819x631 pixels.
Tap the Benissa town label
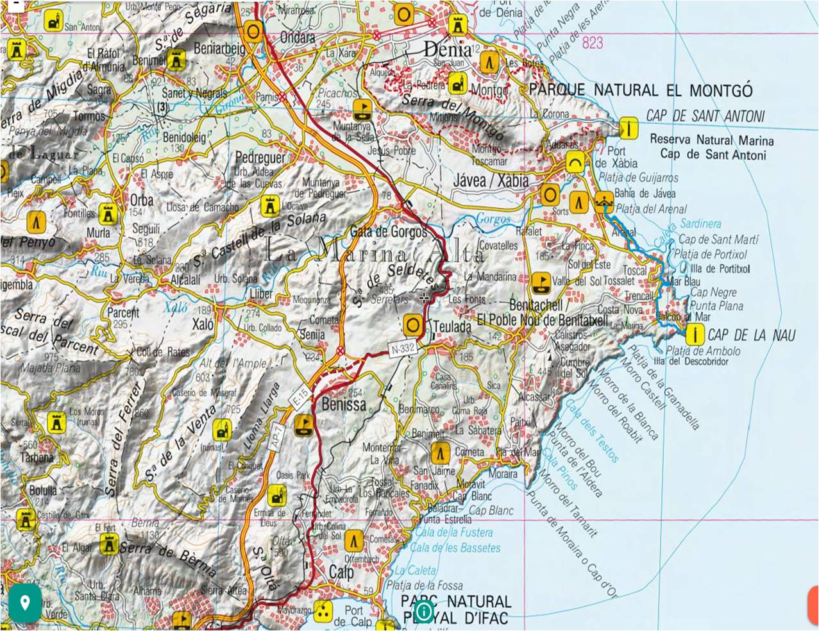click(344, 404)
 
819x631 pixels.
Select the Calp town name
click(341, 571)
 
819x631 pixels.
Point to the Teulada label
click(452, 327)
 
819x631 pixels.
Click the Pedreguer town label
click(260, 157)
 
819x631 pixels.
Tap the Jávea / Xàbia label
click(491, 180)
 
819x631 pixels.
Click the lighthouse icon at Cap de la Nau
click(693, 334)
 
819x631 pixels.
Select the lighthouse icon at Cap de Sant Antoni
click(629, 128)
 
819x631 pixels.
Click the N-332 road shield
click(402, 349)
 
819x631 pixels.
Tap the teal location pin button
click(25, 603)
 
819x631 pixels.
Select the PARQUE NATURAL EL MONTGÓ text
click(640, 90)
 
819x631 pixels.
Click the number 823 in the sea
click(593, 43)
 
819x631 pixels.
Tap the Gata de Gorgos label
click(388, 231)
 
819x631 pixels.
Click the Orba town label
click(142, 199)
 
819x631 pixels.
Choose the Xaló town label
click(203, 324)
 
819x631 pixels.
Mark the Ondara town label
click(298, 38)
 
